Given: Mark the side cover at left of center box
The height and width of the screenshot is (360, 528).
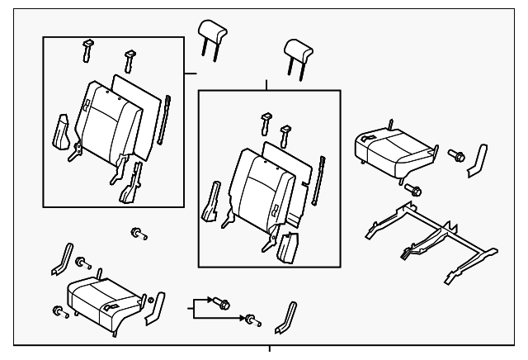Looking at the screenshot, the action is pyautogui.click(x=211, y=202).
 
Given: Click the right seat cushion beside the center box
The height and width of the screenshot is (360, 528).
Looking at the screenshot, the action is pyautogui.click(x=391, y=149).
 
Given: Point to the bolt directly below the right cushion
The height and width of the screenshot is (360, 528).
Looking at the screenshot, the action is pyautogui.click(x=415, y=191).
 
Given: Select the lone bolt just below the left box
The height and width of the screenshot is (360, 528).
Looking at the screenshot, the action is pyautogui.click(x=137, y=234).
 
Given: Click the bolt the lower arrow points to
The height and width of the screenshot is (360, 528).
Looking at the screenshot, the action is pyautogui.click(x=250, y=319).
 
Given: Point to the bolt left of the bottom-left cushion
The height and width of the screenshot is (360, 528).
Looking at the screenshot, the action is pyautogui.click(x=59, y=311).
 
